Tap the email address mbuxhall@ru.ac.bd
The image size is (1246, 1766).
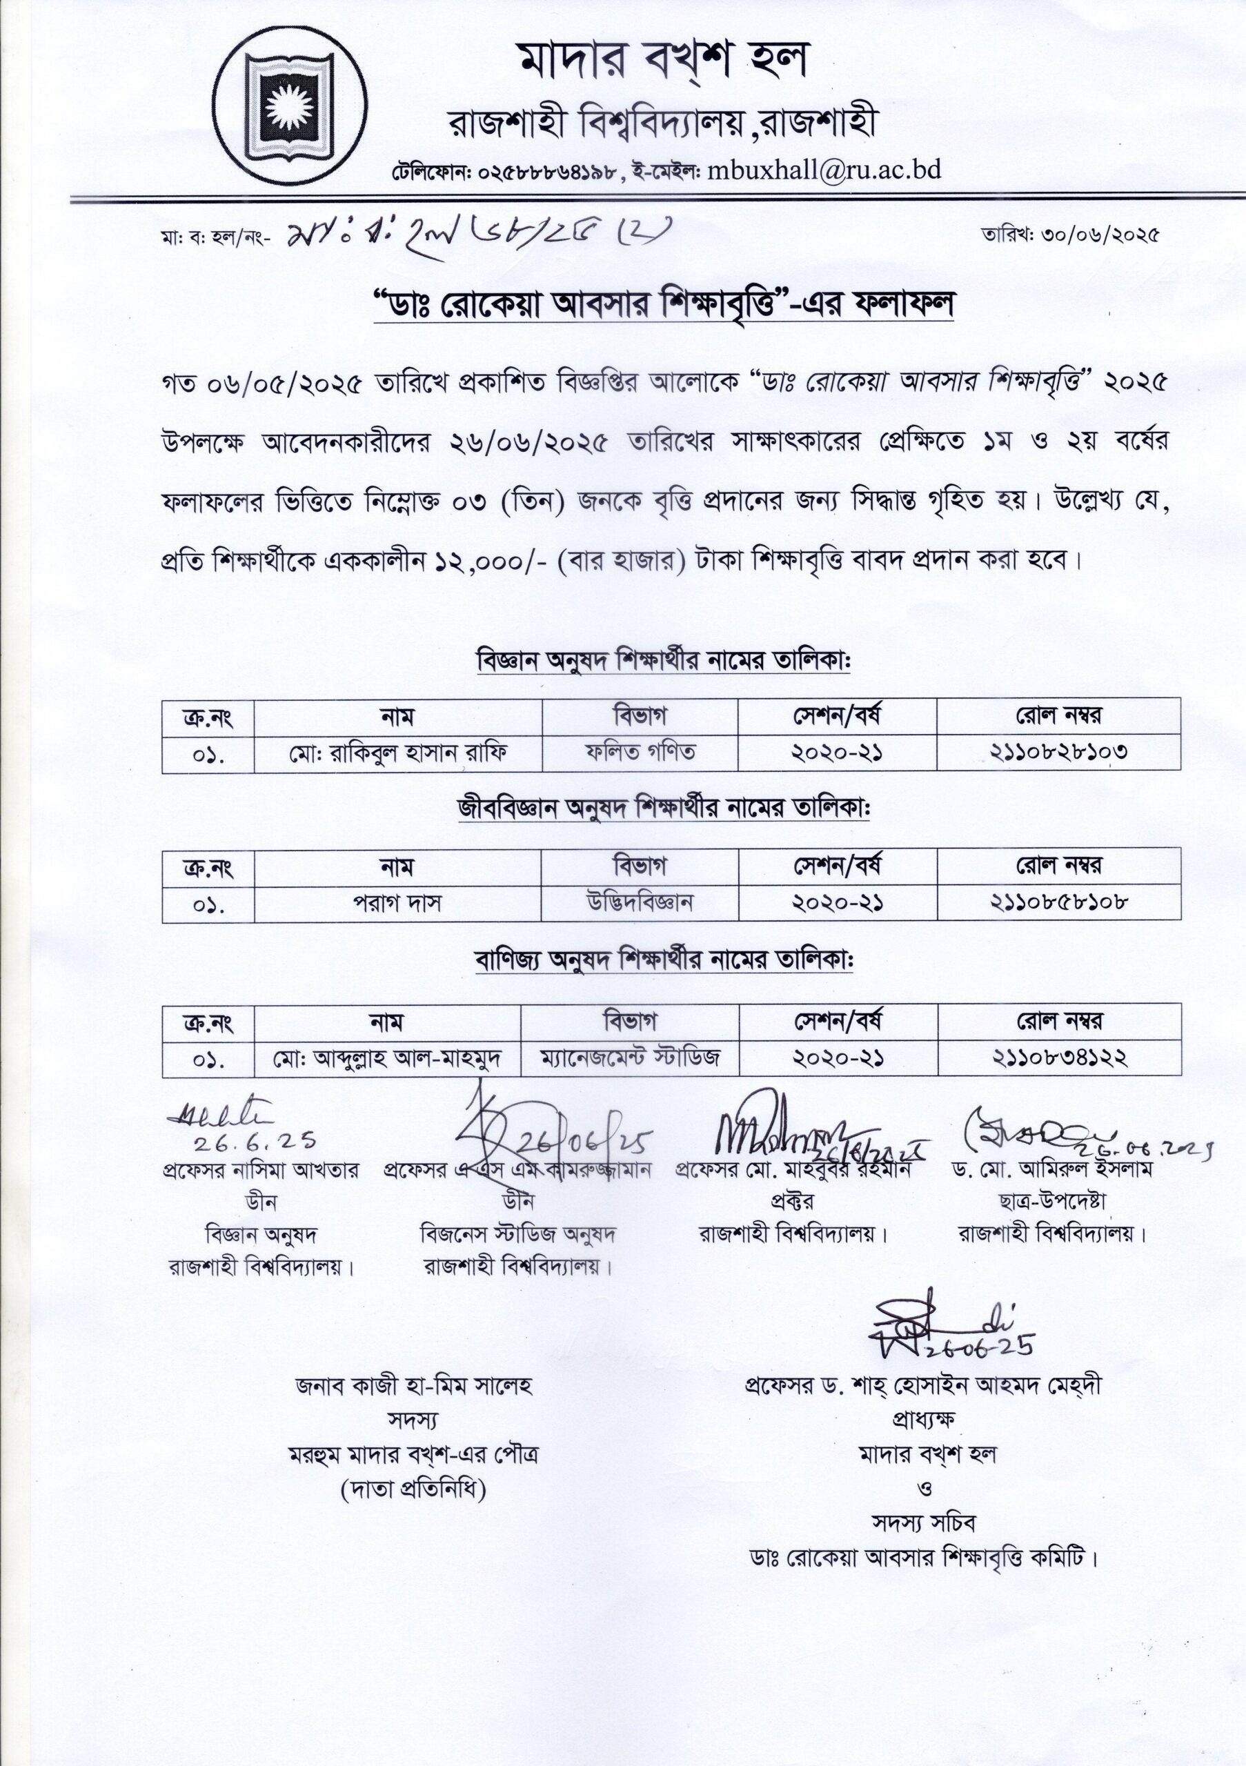click(824, 169)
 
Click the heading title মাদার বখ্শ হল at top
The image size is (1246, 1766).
click(662, 59)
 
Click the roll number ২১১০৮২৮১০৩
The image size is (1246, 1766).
click(1058, 752)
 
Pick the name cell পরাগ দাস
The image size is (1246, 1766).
click(397, 903)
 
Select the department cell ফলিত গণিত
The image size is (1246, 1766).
click(640, 751)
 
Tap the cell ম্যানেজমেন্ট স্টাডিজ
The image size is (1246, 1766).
click(630, 1058)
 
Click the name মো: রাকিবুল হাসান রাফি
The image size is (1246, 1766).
click(397, 752)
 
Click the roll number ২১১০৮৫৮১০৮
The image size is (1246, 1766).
click(1059, 902)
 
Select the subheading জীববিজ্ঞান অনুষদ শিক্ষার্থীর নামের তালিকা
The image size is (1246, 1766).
click(663, 809)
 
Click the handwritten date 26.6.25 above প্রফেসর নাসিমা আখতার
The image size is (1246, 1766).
click(254, 1143)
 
